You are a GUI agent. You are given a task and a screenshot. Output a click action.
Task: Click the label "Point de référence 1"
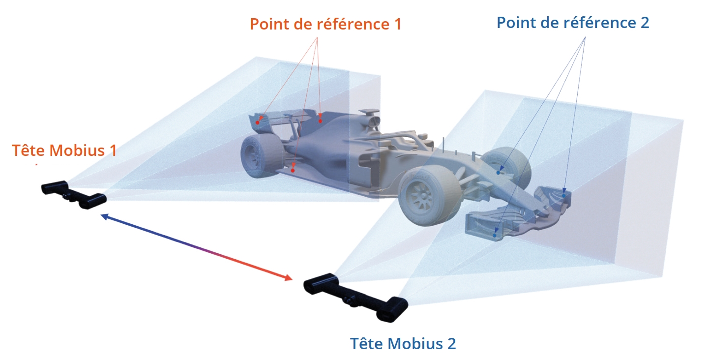point(325,24)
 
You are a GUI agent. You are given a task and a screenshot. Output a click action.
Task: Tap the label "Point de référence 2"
point(573,23)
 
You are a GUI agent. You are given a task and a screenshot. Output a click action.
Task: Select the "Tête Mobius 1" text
point(64,150)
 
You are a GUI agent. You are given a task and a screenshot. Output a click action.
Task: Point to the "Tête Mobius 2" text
point(403,343)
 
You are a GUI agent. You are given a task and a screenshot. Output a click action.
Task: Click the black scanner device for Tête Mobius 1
point(74,194)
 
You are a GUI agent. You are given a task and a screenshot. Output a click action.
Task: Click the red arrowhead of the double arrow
point(288,278)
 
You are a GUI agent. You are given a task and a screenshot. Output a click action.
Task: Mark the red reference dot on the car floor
point(293,170)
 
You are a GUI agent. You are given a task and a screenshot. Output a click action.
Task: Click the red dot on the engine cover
point(320,120)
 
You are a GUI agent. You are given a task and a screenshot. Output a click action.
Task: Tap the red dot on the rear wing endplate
point(258,122)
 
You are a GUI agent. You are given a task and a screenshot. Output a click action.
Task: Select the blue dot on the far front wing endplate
point(564,195)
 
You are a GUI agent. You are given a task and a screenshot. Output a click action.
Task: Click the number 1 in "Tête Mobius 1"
point(112,150)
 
